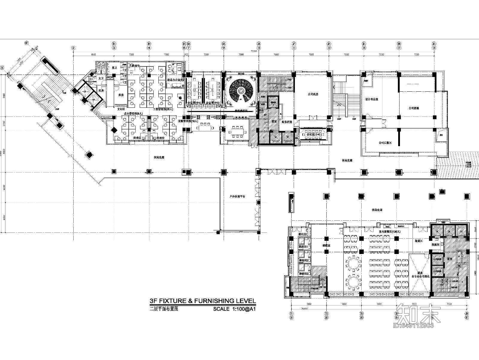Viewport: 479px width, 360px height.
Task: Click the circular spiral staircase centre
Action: point(241,90)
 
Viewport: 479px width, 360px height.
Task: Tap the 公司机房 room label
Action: point(313,94)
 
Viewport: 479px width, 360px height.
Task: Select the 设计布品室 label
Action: point(372,99)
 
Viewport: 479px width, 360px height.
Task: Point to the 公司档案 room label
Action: point(413,108)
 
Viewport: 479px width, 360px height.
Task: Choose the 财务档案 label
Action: point(287,122)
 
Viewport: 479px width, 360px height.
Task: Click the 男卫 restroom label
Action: point(114,68)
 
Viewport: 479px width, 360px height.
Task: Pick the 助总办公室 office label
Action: point(175,80)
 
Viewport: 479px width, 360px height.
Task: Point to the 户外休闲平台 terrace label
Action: point(237,197)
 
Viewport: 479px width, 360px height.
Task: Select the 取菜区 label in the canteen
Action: point(418,240)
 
